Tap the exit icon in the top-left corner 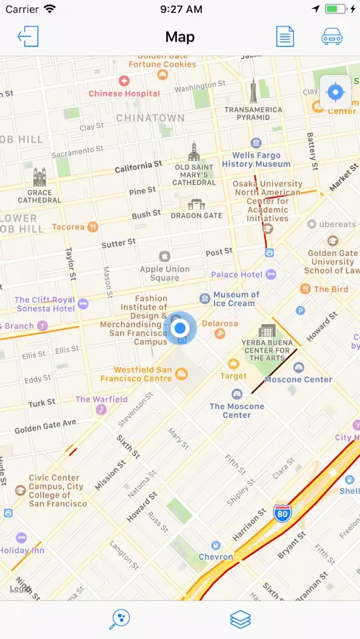click(28, 36)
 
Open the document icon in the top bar click(285, 36)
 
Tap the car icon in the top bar click(332, 36)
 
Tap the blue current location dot click(180, 328)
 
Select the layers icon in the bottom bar click(240, 619)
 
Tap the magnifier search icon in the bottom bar click(120, 619)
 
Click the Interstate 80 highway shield click(281, 512)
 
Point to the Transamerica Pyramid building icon click(254, 91)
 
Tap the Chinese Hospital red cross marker click(124, 81)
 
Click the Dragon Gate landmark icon click(196, 203)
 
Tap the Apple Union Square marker click(164, 256)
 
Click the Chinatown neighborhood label click(150, 118)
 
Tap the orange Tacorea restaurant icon click(93, 227)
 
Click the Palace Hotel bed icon click(271, 275)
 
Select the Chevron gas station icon click(216, 545)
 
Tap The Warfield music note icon click(101, 410)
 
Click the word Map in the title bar click(180, 36)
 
